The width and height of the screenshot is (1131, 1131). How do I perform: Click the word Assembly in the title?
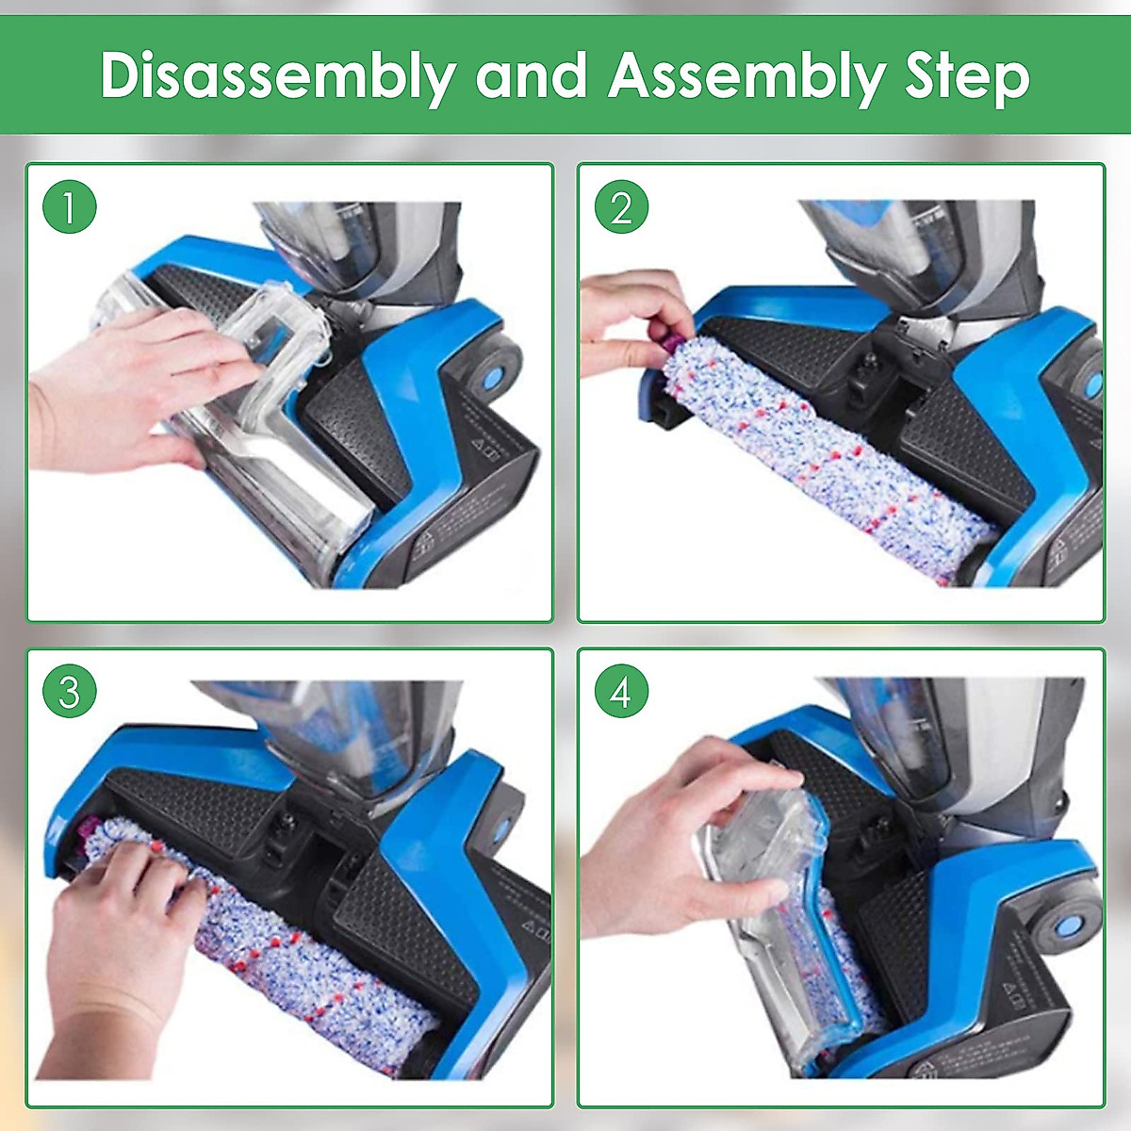pos(745,75)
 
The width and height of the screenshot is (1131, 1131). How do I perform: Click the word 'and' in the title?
pos(532,75)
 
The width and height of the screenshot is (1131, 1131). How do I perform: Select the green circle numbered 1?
pos(70,206)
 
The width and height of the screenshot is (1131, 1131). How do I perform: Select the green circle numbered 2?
pos(621,206)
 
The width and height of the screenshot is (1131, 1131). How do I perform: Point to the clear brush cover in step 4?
pos(773,905)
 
